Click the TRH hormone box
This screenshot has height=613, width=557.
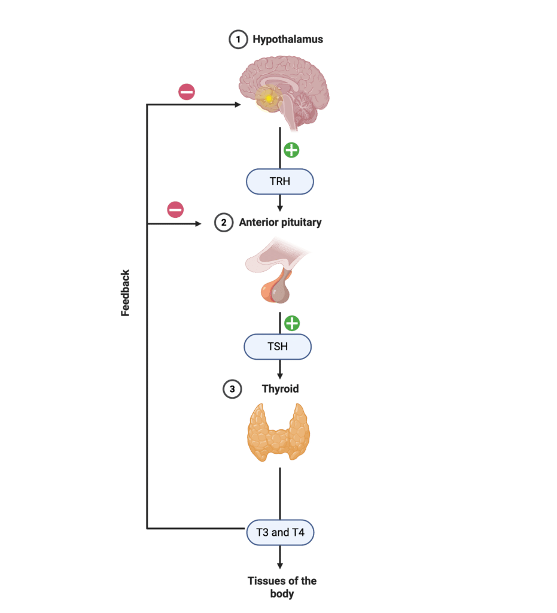279,181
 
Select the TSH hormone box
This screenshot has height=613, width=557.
278,347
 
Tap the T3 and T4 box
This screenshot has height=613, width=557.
280,532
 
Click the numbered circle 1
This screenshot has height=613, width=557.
238,40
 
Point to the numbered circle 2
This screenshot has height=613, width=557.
223,223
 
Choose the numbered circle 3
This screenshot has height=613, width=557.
232,389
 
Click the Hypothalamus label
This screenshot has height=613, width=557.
288,40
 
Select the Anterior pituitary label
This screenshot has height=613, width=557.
280,223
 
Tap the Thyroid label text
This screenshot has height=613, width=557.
280,389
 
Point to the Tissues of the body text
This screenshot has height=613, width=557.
282,587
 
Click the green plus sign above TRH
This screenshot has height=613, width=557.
291,150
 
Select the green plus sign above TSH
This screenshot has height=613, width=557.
291,323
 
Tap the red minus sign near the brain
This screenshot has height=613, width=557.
187,92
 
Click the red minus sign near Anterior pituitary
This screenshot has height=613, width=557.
175,210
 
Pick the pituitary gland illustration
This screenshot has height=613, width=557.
278,269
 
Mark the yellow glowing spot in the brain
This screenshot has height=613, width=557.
269,98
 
